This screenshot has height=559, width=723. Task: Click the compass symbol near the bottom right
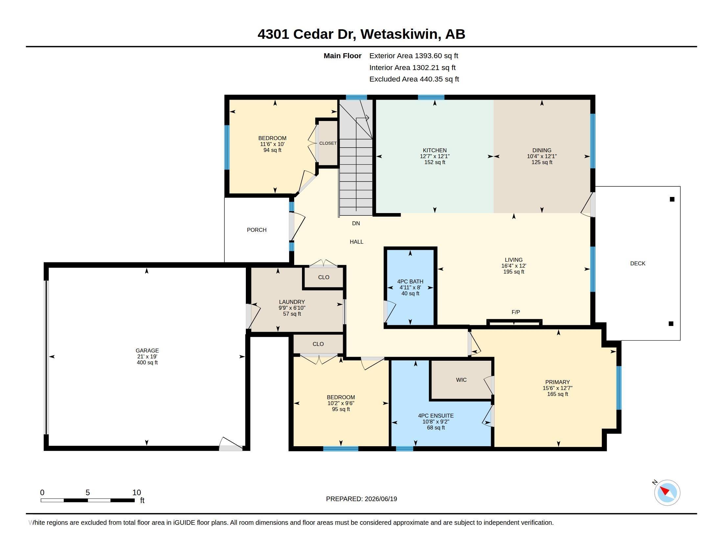click(667, 493)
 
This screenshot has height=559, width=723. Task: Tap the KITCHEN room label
click(435, 150)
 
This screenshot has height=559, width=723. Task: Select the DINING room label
click(542, 150)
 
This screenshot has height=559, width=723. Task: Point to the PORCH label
click(257, 230)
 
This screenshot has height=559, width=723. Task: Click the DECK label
click(638, 264)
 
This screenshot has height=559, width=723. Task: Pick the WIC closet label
click(461, 380)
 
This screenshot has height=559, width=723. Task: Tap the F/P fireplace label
click(516, 312)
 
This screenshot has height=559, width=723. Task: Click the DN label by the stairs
click(356, 224)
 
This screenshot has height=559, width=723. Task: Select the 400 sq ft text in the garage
click(147, 363)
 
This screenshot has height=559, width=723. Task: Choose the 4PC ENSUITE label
click(436, 416)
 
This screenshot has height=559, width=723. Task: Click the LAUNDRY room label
click(292, 302)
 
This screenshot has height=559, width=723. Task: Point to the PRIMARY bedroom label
click(557, 382)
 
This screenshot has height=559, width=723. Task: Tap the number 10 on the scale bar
click(137, 493)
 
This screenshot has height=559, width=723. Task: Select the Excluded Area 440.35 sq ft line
click(414, 79)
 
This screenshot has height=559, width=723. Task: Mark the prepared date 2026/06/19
click(381, 499)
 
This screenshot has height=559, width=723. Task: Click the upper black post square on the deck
click(672, 199)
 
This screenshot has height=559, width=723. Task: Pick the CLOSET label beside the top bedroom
click(328, 143)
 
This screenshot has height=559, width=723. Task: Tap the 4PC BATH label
click(410, 281)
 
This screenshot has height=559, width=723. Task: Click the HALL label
click(357, 242)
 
